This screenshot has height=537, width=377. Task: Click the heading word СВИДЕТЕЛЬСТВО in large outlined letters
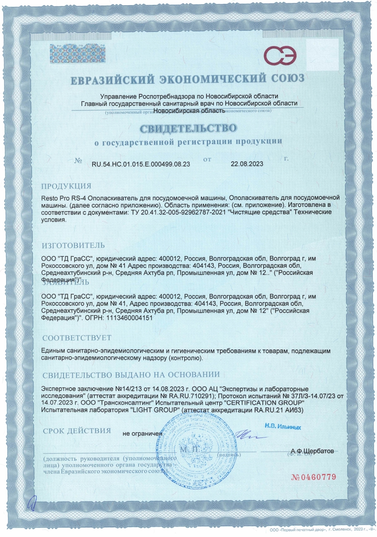click(188, 128)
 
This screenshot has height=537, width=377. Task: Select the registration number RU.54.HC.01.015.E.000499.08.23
click(141, 164)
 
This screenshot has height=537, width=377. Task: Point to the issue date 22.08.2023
click(247, 164)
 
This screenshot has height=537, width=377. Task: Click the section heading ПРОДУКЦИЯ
click(66, 186)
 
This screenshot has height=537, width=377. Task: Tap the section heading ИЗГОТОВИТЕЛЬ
click(73, 245)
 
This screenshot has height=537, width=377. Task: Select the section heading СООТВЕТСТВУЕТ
click(77, 338)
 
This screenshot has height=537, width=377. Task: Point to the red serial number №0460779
click(314, 477)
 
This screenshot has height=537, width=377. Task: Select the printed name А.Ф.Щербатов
click(312, 450)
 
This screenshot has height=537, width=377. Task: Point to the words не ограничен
click(142, 433)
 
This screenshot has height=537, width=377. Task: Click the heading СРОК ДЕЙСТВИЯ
click(77, 431)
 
